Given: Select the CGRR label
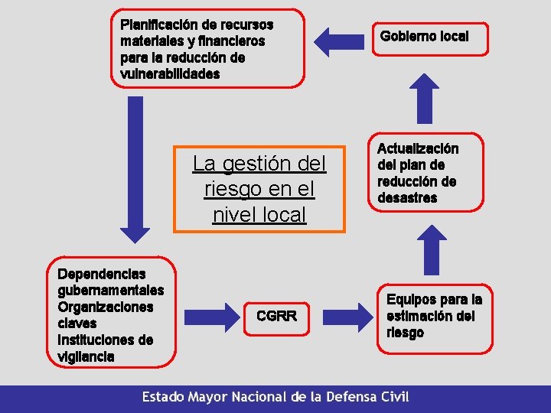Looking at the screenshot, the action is coord(276,315).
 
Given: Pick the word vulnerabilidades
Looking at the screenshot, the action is coord(170,74).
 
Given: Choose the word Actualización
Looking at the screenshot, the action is coord(418,148).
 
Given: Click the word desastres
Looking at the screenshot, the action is coord(407,198).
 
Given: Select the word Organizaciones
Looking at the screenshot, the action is coord(106,307).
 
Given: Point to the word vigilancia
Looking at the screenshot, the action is coord(86,356).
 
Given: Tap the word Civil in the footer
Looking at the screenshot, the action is coord(393,397).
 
